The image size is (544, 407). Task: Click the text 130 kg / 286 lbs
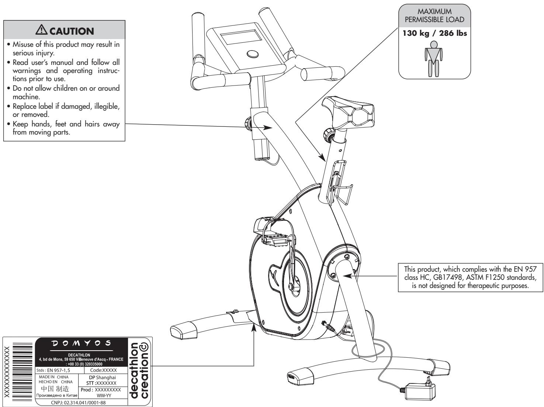pyautogui.click(x=435, y=33)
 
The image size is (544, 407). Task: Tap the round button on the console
pyautogui.click(x=253, y=54)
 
